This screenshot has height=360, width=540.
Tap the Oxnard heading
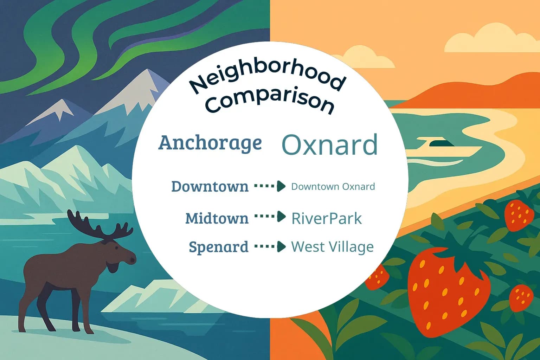point(329,145)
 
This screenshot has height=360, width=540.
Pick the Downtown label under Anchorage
point(210,186)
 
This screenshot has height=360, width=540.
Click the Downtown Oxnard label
point(333,186)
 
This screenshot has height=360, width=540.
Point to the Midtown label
point(217,218)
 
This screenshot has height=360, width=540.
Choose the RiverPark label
point(327,218)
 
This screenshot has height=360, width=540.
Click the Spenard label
point(219,247)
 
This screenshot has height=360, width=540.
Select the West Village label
point(333,247)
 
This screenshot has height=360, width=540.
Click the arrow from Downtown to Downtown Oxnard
point(270,186)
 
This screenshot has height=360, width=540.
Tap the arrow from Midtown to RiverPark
point(270,216)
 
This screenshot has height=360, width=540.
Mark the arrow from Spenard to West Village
point(270,246)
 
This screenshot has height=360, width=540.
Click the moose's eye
point(116,247)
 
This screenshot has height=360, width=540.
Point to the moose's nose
point(132,260)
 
